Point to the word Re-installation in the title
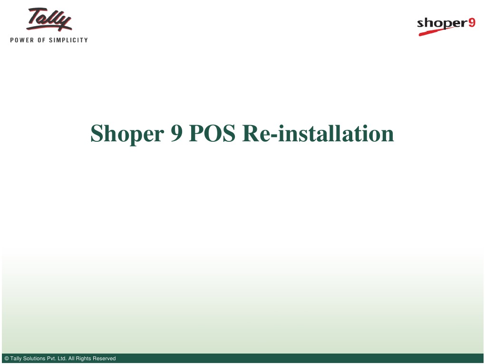[318, 134]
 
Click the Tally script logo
[49, 20]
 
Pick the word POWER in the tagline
[22, 40]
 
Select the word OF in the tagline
[41, 40]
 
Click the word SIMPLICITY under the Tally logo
[68, 40]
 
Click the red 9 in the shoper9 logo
[471, 22]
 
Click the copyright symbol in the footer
[6, 359]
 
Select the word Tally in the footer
[16, 359]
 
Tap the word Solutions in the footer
[34, 359]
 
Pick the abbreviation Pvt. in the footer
[51, 359]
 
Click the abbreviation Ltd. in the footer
[62, 359]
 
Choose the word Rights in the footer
[83, 359]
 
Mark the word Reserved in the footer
[104, 359]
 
